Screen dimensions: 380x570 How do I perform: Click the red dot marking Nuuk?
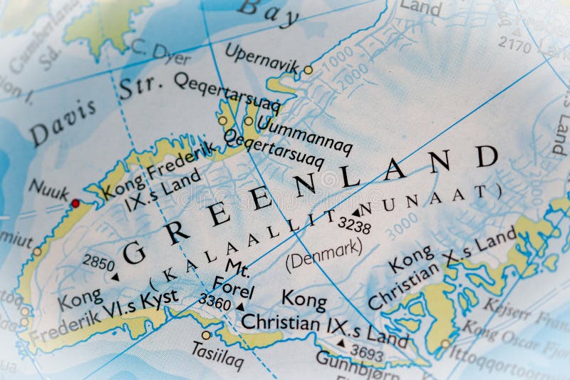(x=75, y=203)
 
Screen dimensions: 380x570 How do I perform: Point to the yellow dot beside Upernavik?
(x=308, y=70)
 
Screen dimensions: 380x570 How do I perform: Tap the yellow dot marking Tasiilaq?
(x=206, y=335)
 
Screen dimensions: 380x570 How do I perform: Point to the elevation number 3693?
(x=366, y=354)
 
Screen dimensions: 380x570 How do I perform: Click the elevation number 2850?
(x=98, y=262)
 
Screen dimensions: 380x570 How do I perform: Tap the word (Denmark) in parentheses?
(x=323, y=254)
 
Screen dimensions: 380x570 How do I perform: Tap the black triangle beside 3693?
(x=341, y=343)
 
